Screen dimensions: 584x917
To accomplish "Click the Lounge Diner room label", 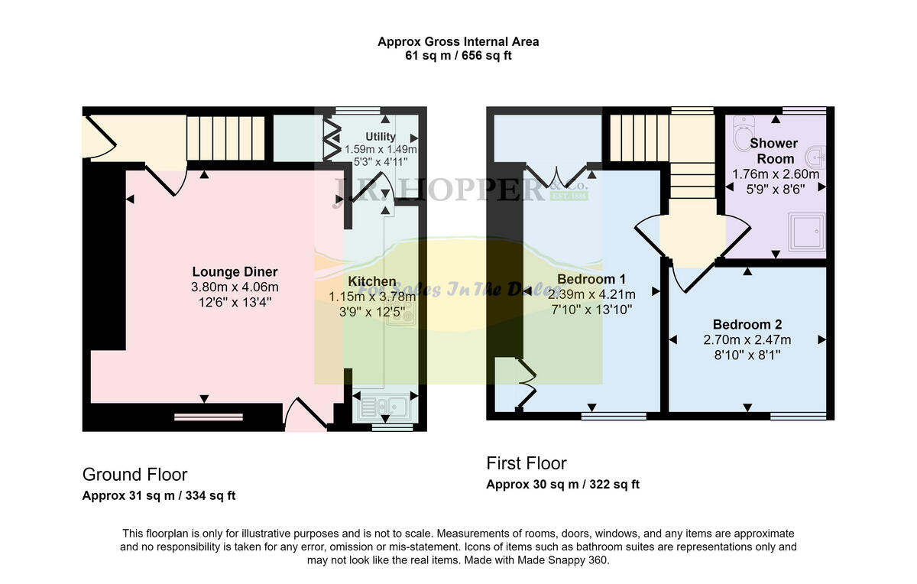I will point(235,272).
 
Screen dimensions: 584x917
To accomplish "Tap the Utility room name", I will point(381,137).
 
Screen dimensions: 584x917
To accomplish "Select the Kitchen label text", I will point(372,282).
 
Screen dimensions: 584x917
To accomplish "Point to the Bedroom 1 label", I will point(591,278).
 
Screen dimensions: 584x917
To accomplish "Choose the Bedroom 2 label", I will point(747,325).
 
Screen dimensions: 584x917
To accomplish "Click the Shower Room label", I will point(773,151).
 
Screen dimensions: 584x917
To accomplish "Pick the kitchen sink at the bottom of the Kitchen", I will point(384,405).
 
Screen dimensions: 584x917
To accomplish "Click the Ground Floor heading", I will point(134,475).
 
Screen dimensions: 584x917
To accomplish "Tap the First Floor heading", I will point(527,463).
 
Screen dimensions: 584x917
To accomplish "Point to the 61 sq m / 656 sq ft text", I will point(458,55).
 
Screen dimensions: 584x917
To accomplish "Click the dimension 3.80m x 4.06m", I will point(235,287).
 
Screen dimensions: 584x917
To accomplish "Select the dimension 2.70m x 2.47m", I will point(747,340).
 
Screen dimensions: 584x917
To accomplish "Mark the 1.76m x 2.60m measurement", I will point(773,174).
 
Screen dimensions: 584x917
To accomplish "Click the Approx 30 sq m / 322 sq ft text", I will point(562,484).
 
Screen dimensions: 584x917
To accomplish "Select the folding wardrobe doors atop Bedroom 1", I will point(557,174).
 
